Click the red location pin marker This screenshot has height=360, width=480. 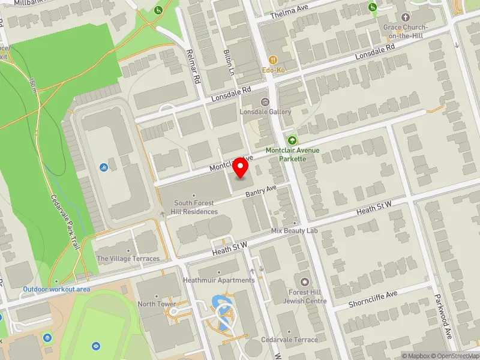pyautogui.click(x=241, y=168)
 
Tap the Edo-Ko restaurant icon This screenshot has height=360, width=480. pyautogui.click(x=273, y=60)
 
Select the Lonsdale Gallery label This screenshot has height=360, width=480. pyautogui.click(x=266, y=112)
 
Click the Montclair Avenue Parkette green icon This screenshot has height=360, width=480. pyautogui.click(x=293, y=140)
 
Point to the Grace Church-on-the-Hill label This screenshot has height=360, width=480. pyautogui.click(x=406, y=31)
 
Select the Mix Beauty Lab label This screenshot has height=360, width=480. pyautogui.click(x=294, y=230)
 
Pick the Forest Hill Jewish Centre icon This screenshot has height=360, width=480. pyautogui.click(x=305, y=282)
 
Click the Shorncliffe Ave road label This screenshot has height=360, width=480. pyautogui.click(x=374, y=298)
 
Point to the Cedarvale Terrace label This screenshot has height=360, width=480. pyautogui.click(x=290, y=340)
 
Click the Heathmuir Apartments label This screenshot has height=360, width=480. pyautogui.click(x=218, y=280)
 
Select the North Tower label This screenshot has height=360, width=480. pyautogui.click(x=157, y=304)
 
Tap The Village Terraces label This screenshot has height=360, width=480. pyautogui.click(x=128, y=259)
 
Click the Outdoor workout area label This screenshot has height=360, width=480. pyautogui.click(x=56, y=289)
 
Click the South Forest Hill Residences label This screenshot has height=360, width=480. pyautogui.click(x=196, y=208)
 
